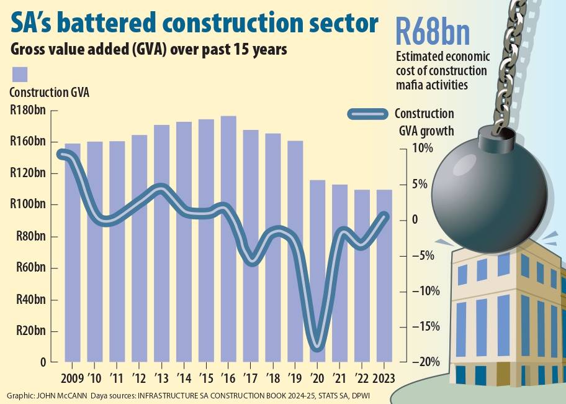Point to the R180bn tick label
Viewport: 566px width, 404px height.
point(28,111)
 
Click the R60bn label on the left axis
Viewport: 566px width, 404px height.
point(28,269)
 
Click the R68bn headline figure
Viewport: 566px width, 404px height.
point(433,32)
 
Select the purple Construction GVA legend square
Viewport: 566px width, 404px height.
point(20,74)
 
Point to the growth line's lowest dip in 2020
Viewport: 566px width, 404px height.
point(317,346)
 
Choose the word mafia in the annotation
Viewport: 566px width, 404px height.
point(412,85)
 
